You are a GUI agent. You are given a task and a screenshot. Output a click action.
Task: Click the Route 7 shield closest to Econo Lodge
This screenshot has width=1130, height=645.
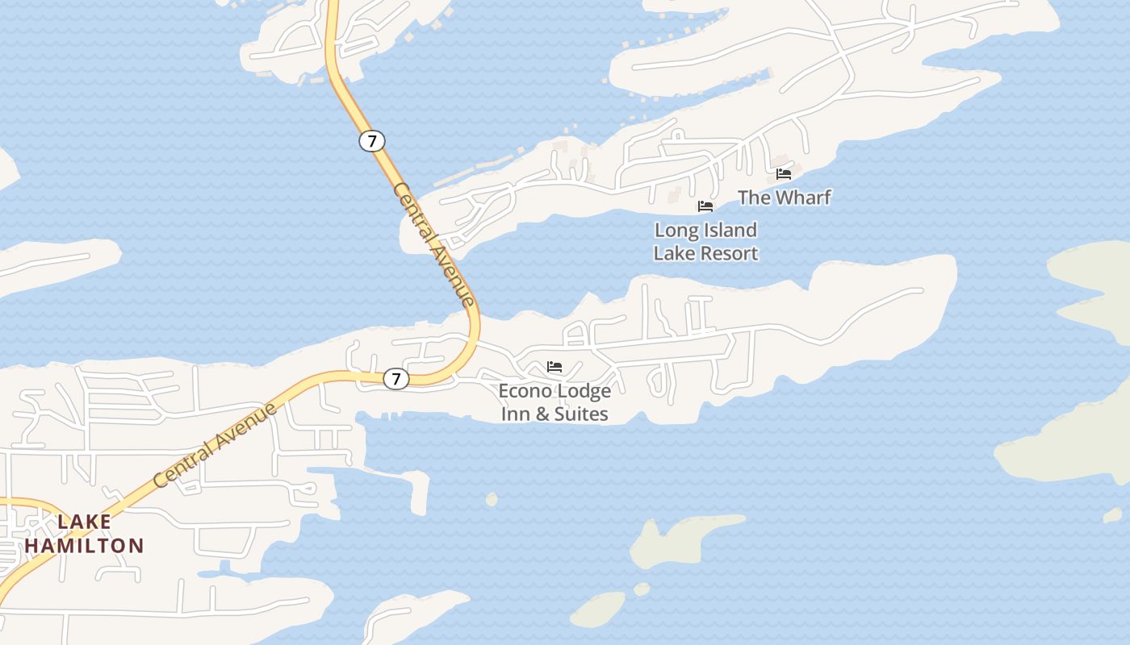(x=395, y=378)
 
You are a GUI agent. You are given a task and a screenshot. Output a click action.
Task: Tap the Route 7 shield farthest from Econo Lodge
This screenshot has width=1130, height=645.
(x=371, y=141)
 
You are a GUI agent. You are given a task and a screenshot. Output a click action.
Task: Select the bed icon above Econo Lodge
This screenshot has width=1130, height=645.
(x=555, y=367)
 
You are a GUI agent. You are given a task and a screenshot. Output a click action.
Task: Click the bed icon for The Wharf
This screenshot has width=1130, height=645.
(x=784, y=173)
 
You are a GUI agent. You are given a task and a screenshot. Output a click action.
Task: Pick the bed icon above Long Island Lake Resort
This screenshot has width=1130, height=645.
(x=705, y=206)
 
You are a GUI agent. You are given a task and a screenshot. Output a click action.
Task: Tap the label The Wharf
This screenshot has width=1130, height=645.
(x=784, y=198)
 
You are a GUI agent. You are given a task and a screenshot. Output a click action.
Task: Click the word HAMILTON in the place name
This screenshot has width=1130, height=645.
(x=84, y=546)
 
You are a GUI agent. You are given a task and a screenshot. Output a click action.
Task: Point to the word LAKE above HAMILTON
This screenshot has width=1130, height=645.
(x=85, y=522)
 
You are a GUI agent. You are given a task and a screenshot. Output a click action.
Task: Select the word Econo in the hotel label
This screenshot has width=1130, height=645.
(x=524, y=391)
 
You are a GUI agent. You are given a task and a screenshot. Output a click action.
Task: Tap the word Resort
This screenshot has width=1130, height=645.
(x=729, y=253)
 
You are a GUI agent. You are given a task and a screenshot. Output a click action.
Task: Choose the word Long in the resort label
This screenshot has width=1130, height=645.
(x=675, y=231)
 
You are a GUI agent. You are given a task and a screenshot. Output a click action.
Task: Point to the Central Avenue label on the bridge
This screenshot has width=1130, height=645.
(x=433, y=243)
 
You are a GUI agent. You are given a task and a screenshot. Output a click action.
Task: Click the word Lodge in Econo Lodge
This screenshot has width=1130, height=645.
(x=582, y=391)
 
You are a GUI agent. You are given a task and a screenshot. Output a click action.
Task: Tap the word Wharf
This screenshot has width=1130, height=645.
(x=802, y=198)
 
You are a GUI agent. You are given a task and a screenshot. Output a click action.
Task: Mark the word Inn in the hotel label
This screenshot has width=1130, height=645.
(x=516, y=414)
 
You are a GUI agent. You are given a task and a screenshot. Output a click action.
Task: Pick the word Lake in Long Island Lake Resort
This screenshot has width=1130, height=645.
(x=672, y=253)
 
